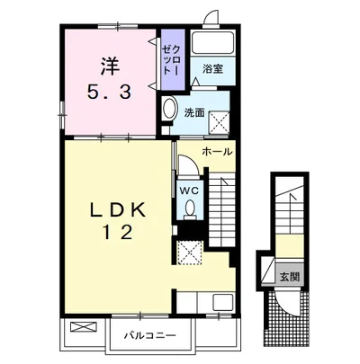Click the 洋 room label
110,67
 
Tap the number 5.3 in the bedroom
110,91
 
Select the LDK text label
118,209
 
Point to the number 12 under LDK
118,232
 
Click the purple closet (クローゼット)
173,59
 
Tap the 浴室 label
212,69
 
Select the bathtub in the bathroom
212,42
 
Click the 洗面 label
194,112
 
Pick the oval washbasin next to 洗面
169,109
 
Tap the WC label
190,190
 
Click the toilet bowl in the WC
189,208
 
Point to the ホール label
217,152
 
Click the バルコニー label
150,335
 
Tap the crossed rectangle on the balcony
84,326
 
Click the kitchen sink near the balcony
222,302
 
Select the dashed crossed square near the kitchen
190,253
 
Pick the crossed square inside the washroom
219,122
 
